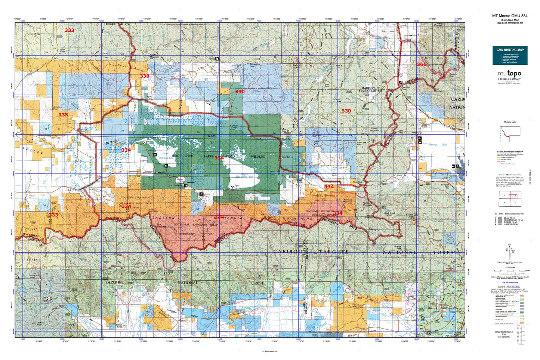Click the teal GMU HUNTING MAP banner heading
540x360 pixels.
[x=510, y=49]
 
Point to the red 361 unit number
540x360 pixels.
[x=421, y=65]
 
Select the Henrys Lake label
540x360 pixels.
[x=437, y=144]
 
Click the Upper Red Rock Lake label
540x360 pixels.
[x=244, y=176]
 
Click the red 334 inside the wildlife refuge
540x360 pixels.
[x=219, y=158]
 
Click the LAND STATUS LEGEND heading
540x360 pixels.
[x=509, y=286]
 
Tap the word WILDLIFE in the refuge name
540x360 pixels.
[x=258, y=157]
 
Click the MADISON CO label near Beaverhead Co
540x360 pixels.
[x=369, y=88]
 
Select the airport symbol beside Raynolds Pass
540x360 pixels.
[x=401, y=82]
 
